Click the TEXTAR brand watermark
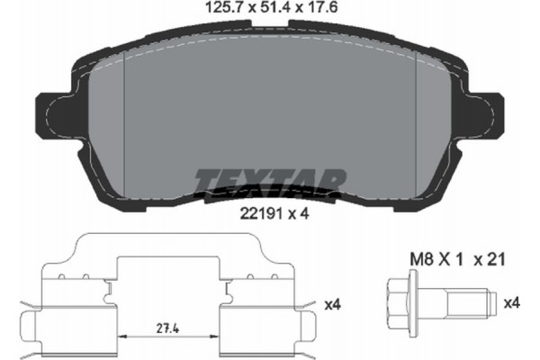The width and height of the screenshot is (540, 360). (x=270, y=183)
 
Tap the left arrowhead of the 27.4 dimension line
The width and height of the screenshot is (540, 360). (x=123, y=335)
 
